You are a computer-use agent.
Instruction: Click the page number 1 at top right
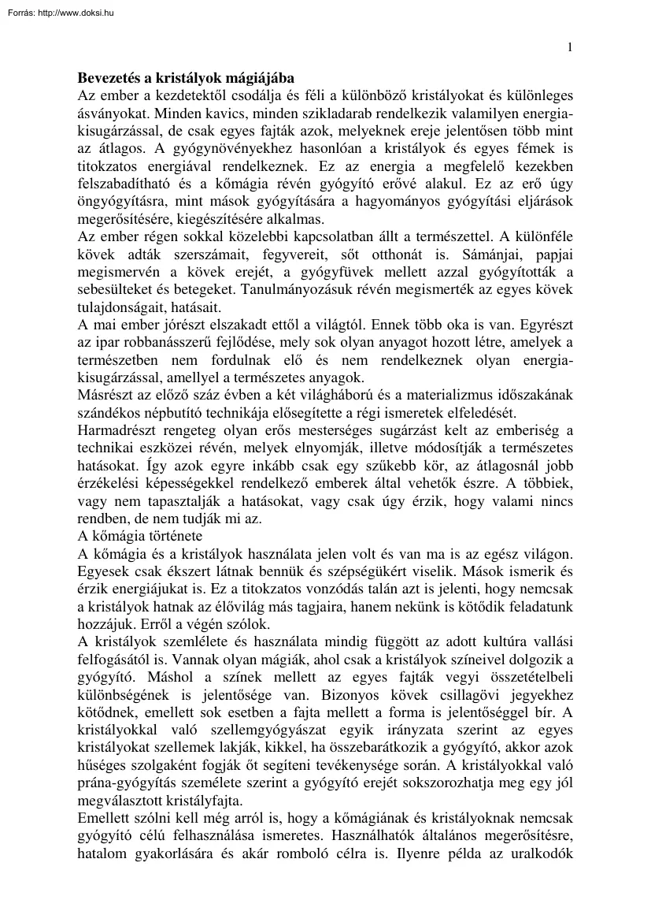[570, 47]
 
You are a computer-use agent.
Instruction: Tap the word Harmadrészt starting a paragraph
[115, 429]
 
